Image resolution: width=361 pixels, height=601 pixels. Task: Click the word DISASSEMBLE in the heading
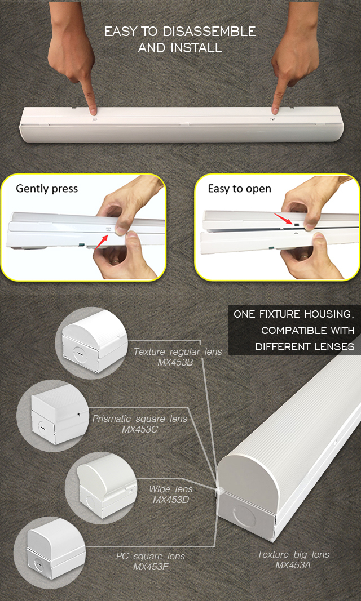coord(209,32)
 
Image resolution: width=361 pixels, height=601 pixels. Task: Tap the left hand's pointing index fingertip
coord(93,111)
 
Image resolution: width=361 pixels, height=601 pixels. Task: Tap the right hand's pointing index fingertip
coord(275,110)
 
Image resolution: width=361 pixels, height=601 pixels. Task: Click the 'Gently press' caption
coord(46,189)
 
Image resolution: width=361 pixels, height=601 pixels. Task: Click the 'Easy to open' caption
coord(239,189)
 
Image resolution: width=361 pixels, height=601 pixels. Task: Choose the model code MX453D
coord(171,500)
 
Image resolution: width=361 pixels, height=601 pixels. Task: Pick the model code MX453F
coord(151,567)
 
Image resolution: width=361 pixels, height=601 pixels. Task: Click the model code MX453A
coord(293,565)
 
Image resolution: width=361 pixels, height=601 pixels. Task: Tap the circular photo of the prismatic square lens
coord(53,416)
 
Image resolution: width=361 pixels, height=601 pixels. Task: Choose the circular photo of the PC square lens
coord(50,550)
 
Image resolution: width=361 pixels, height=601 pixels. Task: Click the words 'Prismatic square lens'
coord(140,419)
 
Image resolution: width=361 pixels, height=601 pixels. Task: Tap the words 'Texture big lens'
coord(293,554)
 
